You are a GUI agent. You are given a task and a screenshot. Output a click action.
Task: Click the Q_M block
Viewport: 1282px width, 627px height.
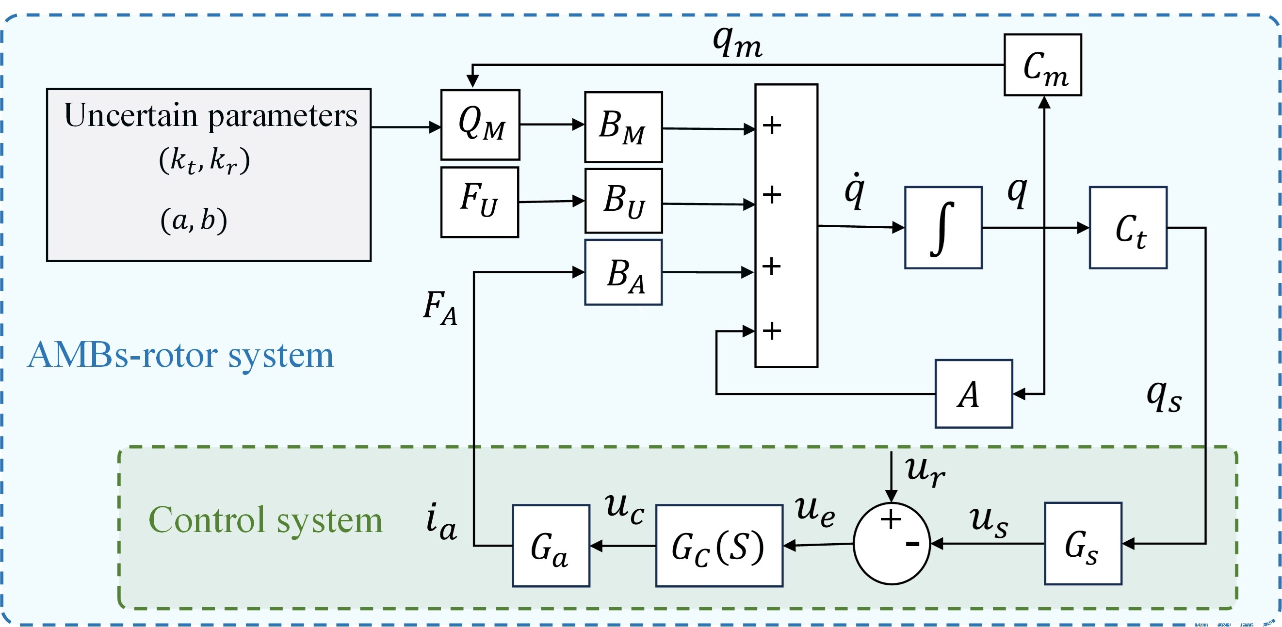click(480, 125)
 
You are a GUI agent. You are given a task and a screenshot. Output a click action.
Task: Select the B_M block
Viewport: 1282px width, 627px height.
click(623, 127)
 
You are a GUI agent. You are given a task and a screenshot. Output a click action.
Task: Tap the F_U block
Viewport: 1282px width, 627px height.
click(480, 202)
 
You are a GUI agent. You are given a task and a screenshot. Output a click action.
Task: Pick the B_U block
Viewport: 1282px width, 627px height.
click(623, 201)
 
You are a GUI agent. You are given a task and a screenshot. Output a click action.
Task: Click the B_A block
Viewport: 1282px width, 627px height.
click(623, 272)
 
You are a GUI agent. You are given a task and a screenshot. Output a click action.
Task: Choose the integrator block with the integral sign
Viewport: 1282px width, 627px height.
click(943, 228)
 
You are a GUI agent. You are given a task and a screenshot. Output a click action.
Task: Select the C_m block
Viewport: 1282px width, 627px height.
click(1042, 64)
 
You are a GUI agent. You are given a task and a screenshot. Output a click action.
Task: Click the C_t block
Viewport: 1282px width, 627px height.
click(1128, 228)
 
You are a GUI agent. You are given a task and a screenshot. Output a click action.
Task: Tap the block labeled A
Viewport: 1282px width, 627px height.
click(974, 394)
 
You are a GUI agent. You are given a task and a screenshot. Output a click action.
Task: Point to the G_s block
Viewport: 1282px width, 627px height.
click(1083, 544)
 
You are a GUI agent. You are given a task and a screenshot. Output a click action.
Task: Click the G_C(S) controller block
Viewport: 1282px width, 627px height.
click(719, 546)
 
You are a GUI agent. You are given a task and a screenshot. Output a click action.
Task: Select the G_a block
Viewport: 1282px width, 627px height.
click(551, 546)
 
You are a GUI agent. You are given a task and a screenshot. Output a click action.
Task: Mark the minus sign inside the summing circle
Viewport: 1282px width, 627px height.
click(912, 544)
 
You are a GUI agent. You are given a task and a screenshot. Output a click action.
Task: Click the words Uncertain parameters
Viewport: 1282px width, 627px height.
click(211, 116)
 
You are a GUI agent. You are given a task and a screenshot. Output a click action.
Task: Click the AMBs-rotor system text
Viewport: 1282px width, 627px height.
click(180, 356)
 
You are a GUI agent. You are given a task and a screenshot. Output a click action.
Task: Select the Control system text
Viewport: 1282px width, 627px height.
click(265, 520)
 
